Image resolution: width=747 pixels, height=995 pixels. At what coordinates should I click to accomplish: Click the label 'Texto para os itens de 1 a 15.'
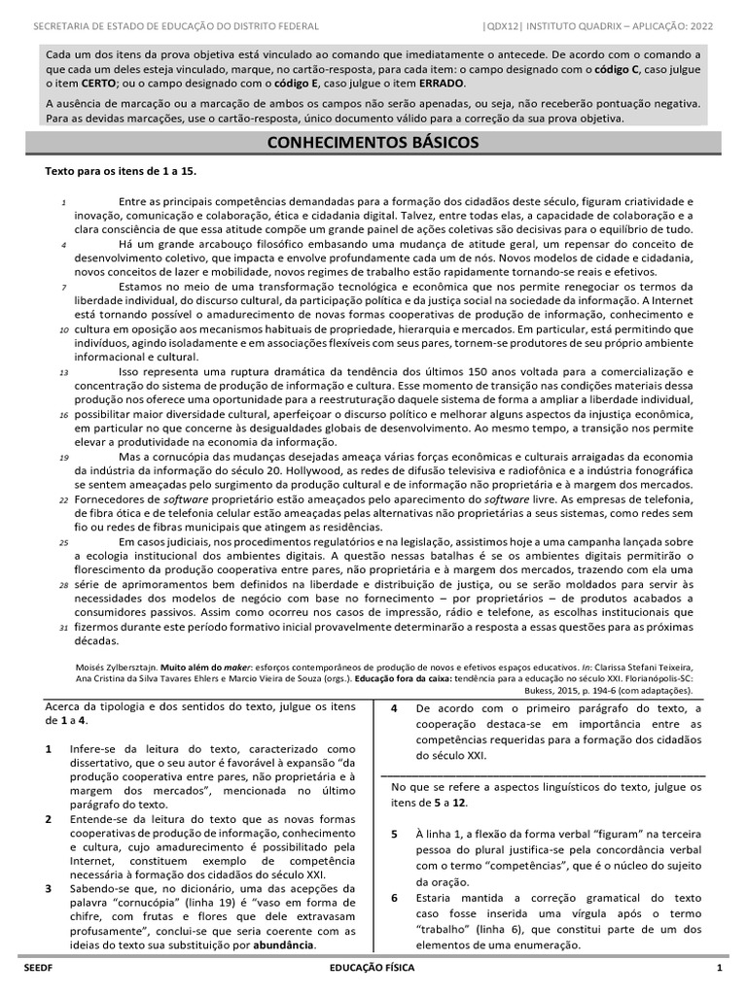pos(122,171)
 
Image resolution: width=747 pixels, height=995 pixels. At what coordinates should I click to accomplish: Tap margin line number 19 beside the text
pos(61,457)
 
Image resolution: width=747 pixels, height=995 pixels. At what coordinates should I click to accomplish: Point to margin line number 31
pos(61,629)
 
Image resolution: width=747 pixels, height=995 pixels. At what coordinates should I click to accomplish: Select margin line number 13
pos(61,372)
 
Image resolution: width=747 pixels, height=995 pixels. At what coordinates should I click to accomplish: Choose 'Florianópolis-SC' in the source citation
pos(656,681)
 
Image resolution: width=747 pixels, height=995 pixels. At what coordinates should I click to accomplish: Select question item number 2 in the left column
pos(49,820)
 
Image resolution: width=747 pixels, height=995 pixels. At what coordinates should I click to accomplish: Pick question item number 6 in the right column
pos(395,898)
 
